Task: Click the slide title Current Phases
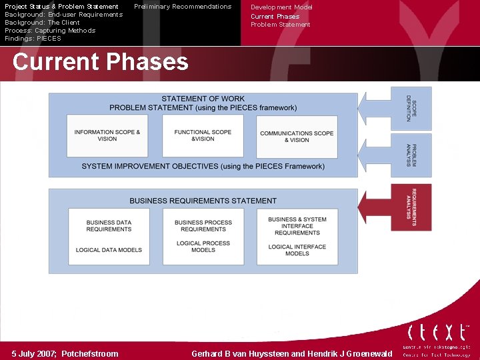coord(100,62)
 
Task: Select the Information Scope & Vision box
coord(107,135)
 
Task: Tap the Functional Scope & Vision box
coord(203,135)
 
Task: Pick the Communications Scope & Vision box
coord(297,136)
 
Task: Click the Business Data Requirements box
coord(109,236)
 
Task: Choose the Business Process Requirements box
coord(203,236)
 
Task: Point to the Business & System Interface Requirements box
coord(297,236)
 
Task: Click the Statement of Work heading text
coord(203,99)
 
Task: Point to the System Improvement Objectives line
coord(203,166)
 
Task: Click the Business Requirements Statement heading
coord(203,200)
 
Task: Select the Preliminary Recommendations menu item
coord(183,7)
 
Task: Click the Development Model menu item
coord(281,7)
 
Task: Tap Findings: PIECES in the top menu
coord(33,39)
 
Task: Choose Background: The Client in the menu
coord(42,23)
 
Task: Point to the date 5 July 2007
coord(65,354)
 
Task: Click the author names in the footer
coord(292,354)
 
